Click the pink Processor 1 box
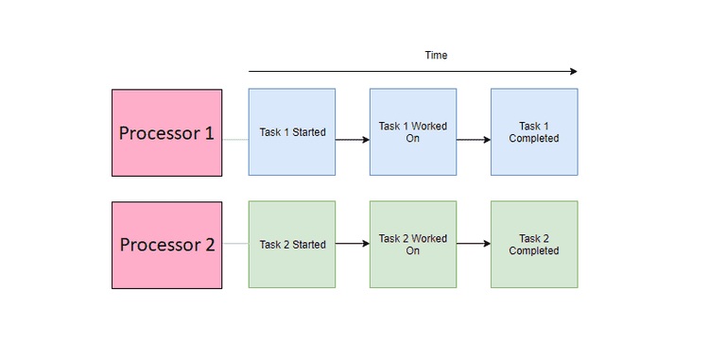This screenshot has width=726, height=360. click(x=166, y=132)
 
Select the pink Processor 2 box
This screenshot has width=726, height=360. click(x=166, y=245)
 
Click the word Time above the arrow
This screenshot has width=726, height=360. click(x=436, y=56)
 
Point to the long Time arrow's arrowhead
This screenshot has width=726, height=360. click(x=572, y=71)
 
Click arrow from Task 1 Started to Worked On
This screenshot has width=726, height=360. click(x=352, y=139)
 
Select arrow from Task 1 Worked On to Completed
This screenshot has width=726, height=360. click(x=473, y=139)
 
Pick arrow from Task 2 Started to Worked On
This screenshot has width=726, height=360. click(x=352, y=244)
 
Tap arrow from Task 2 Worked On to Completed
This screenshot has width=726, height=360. click(x=473, y=244)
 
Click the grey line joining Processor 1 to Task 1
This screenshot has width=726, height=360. click(x=235, y=139)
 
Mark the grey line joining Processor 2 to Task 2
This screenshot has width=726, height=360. click(x=235, y=244)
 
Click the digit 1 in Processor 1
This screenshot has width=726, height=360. click(x=208, y=133)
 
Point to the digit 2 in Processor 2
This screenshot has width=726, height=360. click(x=209, y=245)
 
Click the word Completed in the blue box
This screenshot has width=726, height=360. click(x=534, y=139)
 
